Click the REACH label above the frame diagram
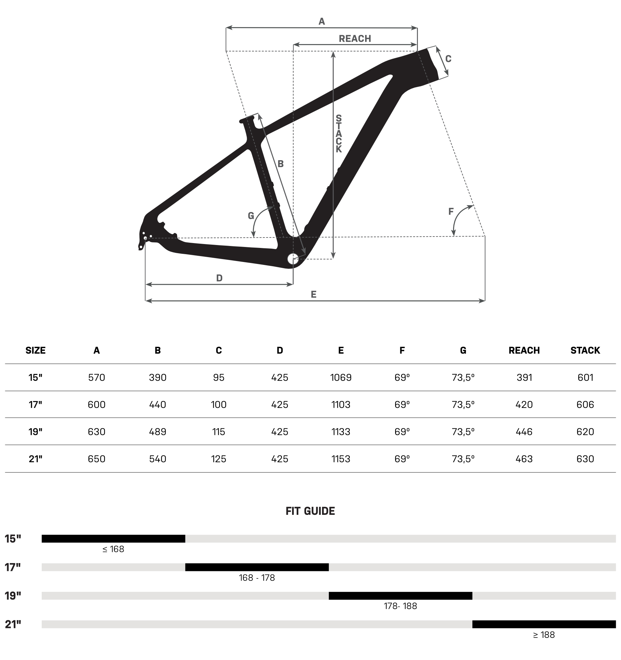(355, 38)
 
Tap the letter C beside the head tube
(448, 59)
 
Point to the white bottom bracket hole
(293, 259)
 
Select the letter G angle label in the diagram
(251, 216)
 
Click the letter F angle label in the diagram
(451, 211)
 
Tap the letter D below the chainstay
(219, 278)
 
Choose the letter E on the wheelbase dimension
(314, 295)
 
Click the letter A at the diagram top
(321, 22)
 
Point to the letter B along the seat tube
(281, 164)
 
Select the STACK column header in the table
(585, 351)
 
